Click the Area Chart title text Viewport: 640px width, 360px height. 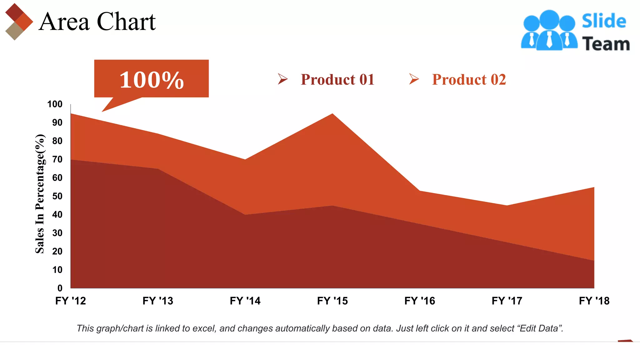(97, 22)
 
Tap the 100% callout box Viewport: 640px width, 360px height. (151, 79)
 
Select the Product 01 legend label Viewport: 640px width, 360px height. (337, 79)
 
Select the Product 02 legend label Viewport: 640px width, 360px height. (469, 79)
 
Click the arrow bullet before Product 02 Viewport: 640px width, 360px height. (414, 79)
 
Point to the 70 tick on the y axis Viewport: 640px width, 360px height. (57, 159)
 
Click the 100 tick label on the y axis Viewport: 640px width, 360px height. (55, 104)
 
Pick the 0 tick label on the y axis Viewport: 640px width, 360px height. (60, 288)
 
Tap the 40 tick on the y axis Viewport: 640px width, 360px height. (57, 215)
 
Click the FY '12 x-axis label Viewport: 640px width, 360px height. (71, 301)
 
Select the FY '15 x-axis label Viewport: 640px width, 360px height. (332, 301)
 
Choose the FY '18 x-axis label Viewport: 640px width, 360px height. (594, 301)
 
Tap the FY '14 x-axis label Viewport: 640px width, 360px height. (245, 301)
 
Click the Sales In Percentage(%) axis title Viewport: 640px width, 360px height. (40, 194)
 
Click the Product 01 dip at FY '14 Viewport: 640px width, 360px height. (245, 214)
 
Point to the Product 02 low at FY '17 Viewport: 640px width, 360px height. (507, 206)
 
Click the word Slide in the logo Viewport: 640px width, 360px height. (604, 21)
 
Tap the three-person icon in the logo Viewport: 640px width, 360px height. (549, 31)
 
